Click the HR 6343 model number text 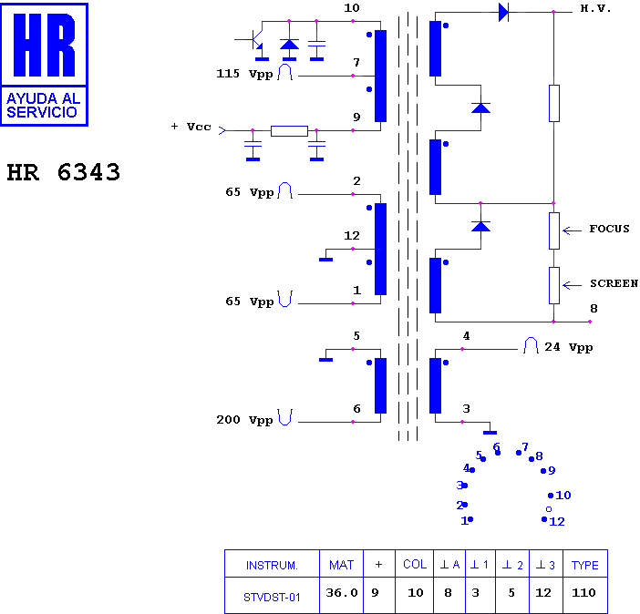[64, 172]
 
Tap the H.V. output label [595, 8]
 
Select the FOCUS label [609, 229]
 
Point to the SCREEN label [614, 283]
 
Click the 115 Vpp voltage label [244, 74]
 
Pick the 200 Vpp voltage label [244, 420]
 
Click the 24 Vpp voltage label [569, 347]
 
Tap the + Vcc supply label [191, 127]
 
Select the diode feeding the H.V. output [503, 12]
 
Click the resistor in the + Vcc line [289, 131]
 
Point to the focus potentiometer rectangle [554, 230]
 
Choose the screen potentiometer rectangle [554, 285]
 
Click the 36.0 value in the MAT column [342, 592]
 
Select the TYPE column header [585, 565]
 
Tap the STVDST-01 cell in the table [272, 598]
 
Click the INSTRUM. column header [272, 566]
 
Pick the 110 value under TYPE [583, 592]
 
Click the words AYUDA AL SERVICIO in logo [43, 106]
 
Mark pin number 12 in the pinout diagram [557, 521]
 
